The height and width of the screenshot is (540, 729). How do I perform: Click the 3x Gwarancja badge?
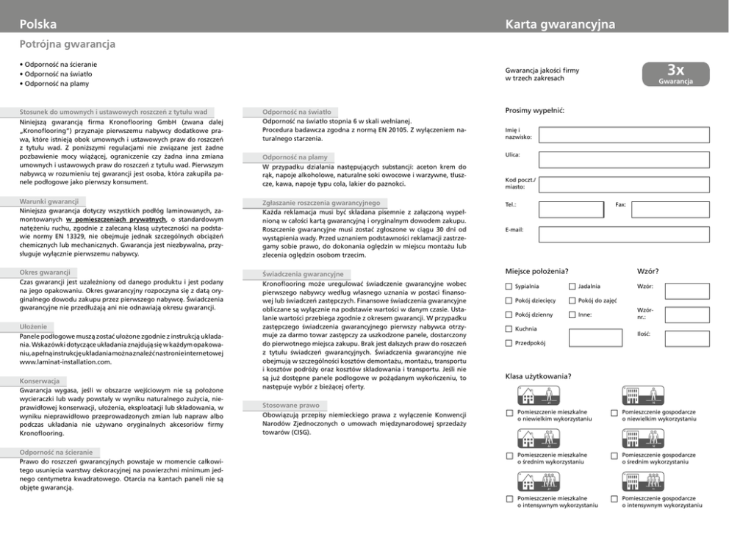tap(676, 75)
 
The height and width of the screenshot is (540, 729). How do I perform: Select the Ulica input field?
tap(623, 159)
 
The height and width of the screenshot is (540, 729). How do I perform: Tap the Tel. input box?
tap(570, 209)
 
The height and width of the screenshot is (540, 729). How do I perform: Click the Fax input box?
tap(670, 209)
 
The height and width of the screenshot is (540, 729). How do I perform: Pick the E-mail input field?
tap(623, 234)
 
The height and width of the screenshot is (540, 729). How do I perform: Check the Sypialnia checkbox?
tap(509, 287)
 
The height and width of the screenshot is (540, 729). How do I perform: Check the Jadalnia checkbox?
tap(572, 287)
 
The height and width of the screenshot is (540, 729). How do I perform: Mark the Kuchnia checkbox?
tap(509, 329)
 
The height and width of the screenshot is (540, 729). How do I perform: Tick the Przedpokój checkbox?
tap(509, 343)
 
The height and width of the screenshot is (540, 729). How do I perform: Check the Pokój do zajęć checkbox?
tap(572, 300)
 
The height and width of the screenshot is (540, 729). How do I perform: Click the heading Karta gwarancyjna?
tap(560, 25)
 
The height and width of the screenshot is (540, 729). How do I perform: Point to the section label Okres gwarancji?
tap(45, 273)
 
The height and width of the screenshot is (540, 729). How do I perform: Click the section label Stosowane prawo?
tap(290, 405)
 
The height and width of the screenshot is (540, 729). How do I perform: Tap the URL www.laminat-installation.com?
tap(65, 363)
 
